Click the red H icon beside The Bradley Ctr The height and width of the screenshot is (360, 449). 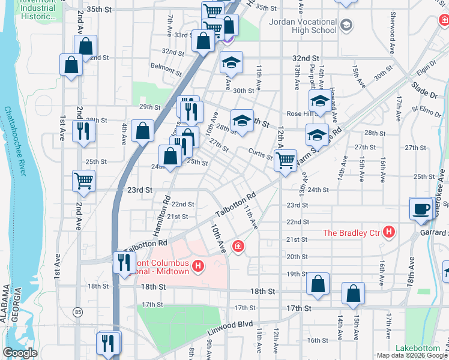point(389,232)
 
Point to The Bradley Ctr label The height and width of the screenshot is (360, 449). point(352,232)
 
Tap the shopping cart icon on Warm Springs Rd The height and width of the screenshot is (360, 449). point(286,160)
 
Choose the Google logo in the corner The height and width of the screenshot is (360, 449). point(20,353)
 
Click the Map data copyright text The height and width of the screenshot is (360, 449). point(412,355)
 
